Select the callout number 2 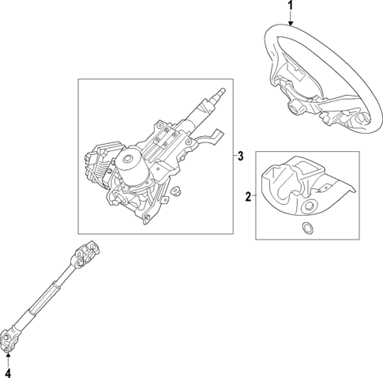click(248, 196)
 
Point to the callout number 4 click(8, 372)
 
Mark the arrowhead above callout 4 click(8, 358)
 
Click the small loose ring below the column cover click(306, 230)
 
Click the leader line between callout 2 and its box click(254, 196)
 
